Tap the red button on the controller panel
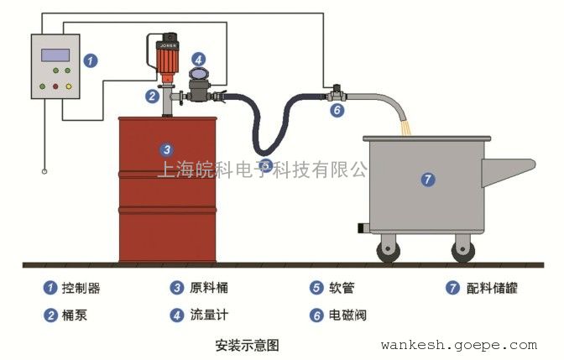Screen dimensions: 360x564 [55, 86]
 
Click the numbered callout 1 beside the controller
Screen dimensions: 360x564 [91, 60]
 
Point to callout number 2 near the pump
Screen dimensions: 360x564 [152, 96]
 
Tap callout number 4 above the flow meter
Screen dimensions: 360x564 [197, 60]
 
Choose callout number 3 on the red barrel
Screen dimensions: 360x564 [166, 150]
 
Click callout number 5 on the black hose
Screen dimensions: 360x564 [265, 164]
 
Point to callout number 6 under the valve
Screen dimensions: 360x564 [337, 109]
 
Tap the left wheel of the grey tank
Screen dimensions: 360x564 [390, 248]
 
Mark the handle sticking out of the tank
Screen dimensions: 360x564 [512, 165]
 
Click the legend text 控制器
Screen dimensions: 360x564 [82, 288]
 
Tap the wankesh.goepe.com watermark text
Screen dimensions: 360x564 [458, 345]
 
